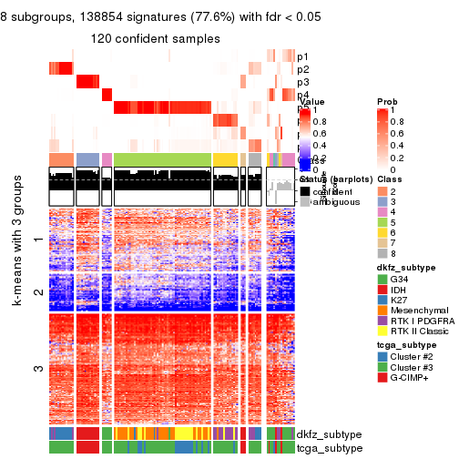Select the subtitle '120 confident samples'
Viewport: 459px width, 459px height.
point(155,39)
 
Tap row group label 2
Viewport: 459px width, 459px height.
point(36,292)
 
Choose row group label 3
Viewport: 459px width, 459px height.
point(36,369)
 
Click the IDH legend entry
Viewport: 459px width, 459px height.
point(401,291)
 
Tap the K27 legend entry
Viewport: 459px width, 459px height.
point(401,304)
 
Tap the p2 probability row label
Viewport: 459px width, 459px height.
point(302,69)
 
